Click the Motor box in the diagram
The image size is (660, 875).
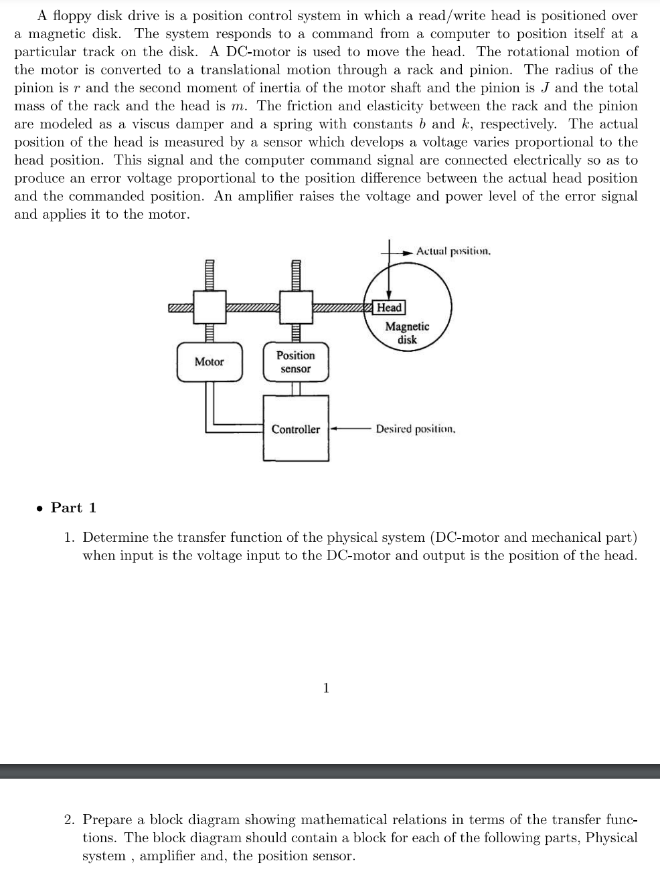(x=210, y=362)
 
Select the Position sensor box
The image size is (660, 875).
(x=296, y=362)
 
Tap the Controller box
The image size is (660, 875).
(x=296, y=429)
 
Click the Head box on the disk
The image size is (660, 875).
(x=389, y=308)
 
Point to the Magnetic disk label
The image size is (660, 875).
(x=407, y=332)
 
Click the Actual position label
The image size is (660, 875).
(x=453, y=252)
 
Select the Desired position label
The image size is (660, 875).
(x=416, y=429)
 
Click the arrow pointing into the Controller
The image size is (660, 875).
(x=335, y=429)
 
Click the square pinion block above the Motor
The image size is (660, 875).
(x=210, y=307)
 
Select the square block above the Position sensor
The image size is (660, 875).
(x=296, y=307)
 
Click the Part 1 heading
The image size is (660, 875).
(x=74, y=508)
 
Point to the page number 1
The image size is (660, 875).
(x=326, y=688)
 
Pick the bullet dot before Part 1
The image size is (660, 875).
(x=41, y=508)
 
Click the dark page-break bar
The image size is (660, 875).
(x=330, y=771)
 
